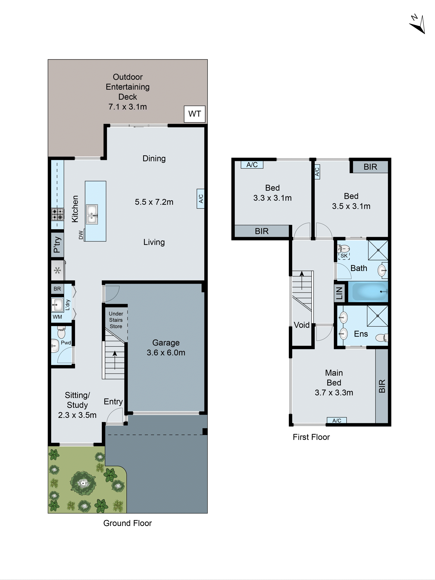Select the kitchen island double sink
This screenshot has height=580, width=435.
coord(92,214)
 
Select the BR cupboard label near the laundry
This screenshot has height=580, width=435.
coord(57,289)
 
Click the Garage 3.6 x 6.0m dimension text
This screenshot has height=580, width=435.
coord(166,352)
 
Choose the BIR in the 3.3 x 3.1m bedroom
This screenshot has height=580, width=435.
coord(262,231)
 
